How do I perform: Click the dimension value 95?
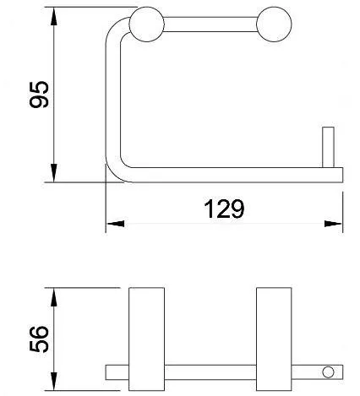(39, 95)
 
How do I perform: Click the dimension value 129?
(224, 209)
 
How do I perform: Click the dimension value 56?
(39, 339)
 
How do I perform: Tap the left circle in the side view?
(146, 24)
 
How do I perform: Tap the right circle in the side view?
(274, 24)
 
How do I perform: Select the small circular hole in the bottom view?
(328, 372)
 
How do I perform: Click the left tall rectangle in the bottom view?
(146, 339)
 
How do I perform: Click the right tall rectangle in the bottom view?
(274, 339)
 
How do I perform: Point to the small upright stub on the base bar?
(328, 147)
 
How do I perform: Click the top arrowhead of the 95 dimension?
(54, 16)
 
